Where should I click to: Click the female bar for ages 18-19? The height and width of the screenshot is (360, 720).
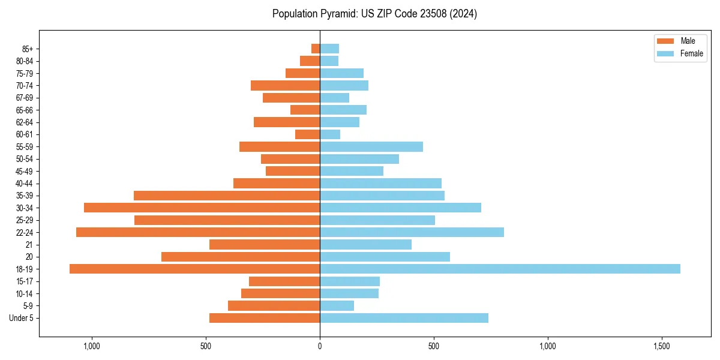500,269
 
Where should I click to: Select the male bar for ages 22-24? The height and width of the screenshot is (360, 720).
198,232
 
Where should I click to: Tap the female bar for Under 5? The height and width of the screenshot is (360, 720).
404,318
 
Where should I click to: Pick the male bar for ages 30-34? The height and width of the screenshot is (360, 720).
202,208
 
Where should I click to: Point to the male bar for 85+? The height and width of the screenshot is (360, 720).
316,49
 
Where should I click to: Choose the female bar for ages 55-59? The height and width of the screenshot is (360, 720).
371,146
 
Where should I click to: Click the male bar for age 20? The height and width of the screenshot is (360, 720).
241,257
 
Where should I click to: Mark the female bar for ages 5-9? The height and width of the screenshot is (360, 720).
337,305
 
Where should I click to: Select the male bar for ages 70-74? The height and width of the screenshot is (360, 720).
285,85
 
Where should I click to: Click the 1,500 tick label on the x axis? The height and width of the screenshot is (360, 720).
662,346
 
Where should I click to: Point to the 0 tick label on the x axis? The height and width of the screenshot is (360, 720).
320,346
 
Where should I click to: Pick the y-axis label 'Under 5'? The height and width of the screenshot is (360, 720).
22,318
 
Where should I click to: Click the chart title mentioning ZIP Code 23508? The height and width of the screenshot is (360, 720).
374,14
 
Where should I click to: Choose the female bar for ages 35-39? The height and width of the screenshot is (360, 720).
382,196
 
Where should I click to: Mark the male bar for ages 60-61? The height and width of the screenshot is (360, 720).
307,134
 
